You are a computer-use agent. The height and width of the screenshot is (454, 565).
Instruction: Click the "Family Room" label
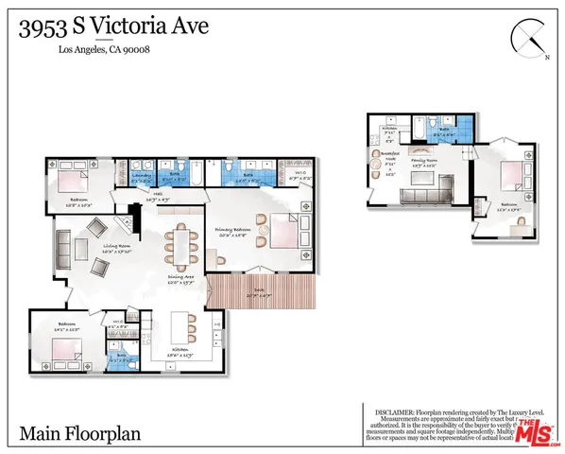click(x=424, y=161)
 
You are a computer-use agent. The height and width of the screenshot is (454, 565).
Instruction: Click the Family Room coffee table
click(x=422, y=177)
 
